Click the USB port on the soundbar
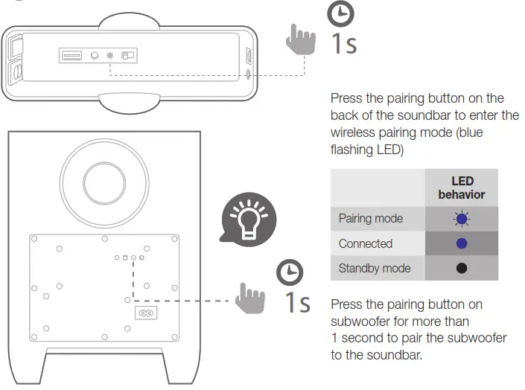point(72,56)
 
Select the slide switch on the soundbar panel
point(129,56)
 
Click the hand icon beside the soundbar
point(301,39)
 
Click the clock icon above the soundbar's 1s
point(342,14)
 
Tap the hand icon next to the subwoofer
point(249,299)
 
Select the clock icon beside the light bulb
point(290,272)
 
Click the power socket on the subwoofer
point(146,313)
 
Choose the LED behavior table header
point(461,188)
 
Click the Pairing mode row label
point(370,219)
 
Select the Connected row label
point(365,243)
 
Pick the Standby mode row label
point(374,268)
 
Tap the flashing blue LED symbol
point(461,219)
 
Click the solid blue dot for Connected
point(461,243)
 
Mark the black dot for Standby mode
point(461,268)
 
